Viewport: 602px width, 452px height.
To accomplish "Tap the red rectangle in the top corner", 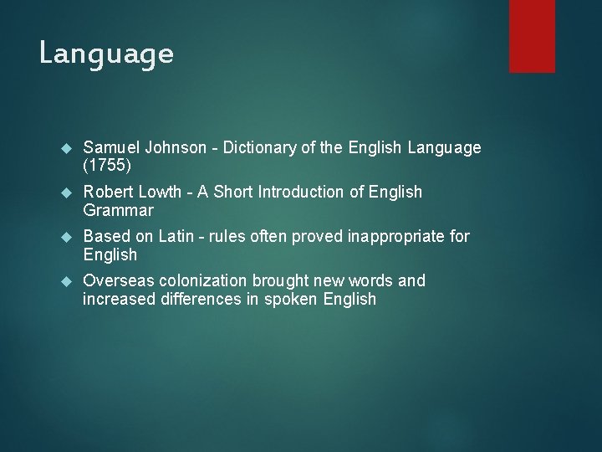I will click(x=533, y=36).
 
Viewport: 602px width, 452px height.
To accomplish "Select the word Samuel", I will click(x=112, y=148).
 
